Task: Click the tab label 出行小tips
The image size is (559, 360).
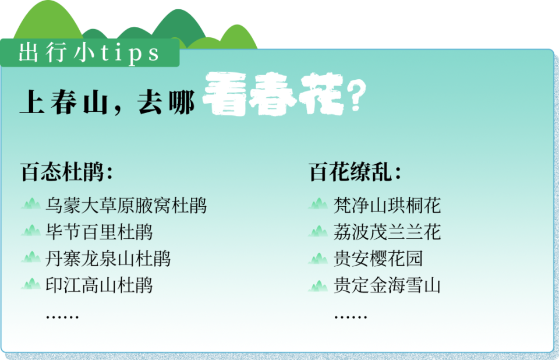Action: tap(89, 53)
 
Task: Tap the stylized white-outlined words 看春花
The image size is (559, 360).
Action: tap(273, 97)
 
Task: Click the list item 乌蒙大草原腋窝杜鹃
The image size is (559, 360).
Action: tap(126, 205)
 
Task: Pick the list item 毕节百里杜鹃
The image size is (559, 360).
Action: tap(99, 232)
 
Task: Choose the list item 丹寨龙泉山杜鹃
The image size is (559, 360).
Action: tap(108, 259)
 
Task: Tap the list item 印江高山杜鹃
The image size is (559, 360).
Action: tap(99, 285)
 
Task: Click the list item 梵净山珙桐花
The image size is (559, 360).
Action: tap(387, 205)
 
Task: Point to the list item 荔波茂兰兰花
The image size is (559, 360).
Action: tap(387, 232)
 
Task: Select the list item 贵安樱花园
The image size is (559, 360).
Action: tap(378, 259)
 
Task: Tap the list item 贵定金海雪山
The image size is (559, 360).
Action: tap(387, 285)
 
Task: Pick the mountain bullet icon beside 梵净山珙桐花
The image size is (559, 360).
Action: tap(319, 204)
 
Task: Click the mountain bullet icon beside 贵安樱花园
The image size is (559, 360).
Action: tap(319, 257)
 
